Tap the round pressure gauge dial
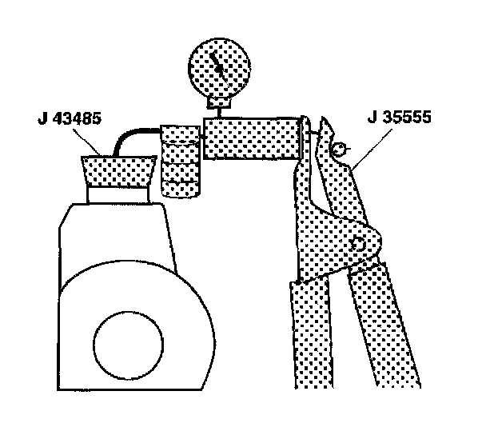[x=219, y=68]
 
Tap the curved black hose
[x=128, y=141]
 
